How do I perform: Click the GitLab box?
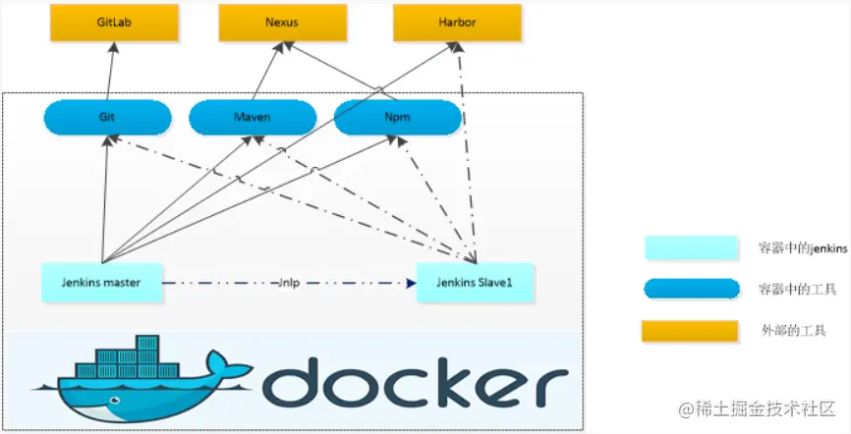click(x=114, y=23)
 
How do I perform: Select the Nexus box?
click(x=282, y=23)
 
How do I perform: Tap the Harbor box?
click(x=456, y=23)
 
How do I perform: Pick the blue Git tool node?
click(x=107, y=118)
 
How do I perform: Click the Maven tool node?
click(x=253, y=118)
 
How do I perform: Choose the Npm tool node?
click(x=398, y=118)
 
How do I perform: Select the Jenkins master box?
click(x=102, y=283)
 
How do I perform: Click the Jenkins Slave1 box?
click(x=476, y=283)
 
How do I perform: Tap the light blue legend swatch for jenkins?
click(x=691, y=248)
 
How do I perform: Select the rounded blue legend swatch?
click(x=691, y=289)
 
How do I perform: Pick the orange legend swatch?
click(x=691, y=331)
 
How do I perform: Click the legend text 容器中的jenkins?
click(x=803, y=248)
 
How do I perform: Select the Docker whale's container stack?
click(x=138, y=356)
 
